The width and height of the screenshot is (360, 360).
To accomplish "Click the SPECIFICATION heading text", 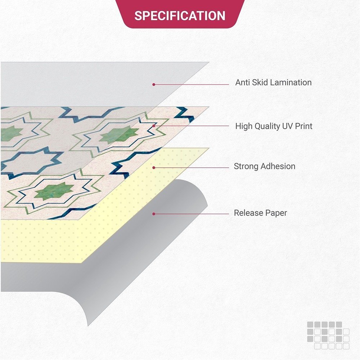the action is pos(180,16).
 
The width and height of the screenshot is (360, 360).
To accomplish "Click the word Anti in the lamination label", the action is pos(243,82).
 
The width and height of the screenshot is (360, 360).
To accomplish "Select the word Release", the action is pos(248,213).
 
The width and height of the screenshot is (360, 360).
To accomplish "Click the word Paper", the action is pos(275,213).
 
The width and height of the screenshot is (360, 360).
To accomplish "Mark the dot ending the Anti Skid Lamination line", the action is pos(154,85).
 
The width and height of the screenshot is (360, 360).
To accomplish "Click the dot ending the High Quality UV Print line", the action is pos(154,126).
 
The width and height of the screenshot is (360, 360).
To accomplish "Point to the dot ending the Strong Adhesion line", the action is pos(154,168).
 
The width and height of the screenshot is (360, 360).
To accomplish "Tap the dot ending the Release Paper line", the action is pos(154,214).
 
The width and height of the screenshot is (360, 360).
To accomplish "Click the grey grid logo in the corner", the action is pos(328,336).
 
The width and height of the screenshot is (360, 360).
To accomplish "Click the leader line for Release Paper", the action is pos(192,214).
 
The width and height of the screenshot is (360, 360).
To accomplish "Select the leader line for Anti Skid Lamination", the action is pos(192,85).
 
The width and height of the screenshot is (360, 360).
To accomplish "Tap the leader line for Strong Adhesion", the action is pos(192,168).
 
